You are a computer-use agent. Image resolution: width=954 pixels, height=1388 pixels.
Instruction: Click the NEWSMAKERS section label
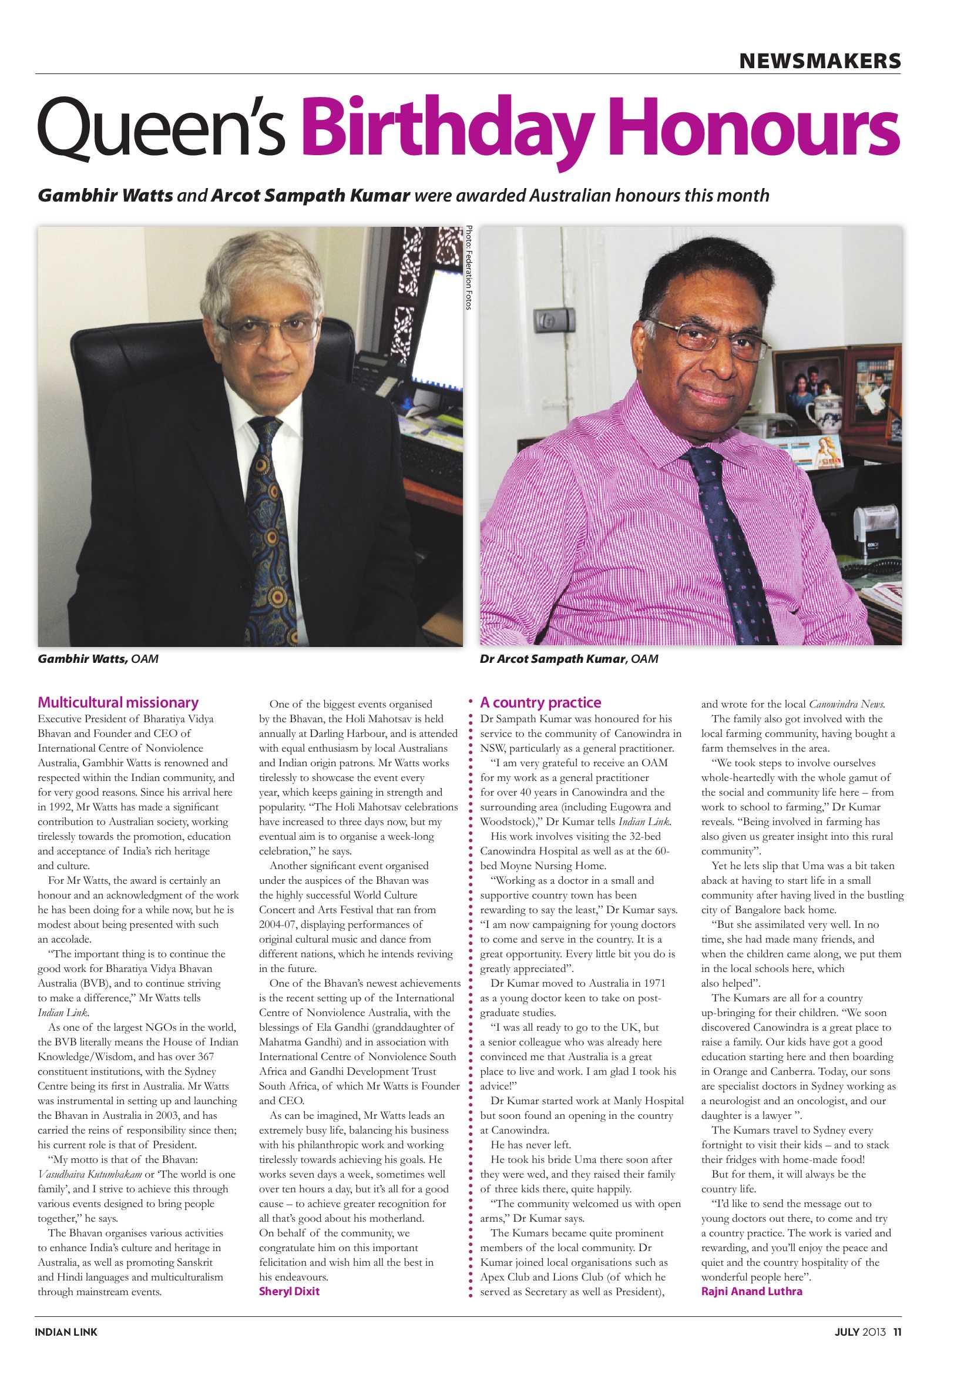point(819,60)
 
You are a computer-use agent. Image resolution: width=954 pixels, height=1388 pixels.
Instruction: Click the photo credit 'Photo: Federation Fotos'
point(469,267)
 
